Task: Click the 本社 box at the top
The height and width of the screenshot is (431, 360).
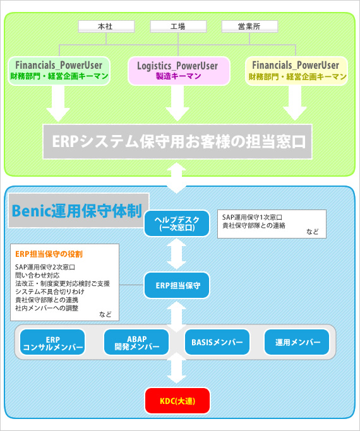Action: click(x=106, y=27)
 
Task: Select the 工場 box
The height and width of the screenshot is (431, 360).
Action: click(x=178, y=27)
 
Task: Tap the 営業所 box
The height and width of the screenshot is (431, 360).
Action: click(x=249, y=27)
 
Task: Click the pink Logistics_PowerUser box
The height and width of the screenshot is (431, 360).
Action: click(x=179, y=71)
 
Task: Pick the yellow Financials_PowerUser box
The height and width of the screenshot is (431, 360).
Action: click(x=296, y=71)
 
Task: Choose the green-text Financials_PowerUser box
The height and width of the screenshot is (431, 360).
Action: click(x=59, y=71)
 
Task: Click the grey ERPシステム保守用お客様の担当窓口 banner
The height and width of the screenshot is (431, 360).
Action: click(x=177, y=141)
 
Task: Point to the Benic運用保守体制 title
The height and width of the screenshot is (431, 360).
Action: click(x=77, y=211)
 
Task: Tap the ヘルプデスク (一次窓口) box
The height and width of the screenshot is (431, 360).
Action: click(x=177, y=223)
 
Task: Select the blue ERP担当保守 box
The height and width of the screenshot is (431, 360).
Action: click(x=177, y=285)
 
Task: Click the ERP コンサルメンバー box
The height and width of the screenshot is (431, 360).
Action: click(x=52, y=343)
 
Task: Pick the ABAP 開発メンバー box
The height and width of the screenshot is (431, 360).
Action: click(x=136, y=343)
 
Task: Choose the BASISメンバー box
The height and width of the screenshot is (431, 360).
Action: click(x=217, y=343)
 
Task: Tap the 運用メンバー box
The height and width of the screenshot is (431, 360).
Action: click(x=297, y=343)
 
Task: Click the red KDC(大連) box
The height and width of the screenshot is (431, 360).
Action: click(x=177, y=401)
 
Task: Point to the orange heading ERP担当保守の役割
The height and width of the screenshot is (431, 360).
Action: click(x=49, y=254)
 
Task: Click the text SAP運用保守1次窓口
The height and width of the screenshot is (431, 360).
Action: click(x=252, y=218)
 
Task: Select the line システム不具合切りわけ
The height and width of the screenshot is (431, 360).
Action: click(x=50, y=292)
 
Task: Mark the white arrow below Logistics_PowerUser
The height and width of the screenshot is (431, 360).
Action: click(x=177, y=103)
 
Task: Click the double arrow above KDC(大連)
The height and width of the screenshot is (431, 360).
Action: click(x=177, y=369)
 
